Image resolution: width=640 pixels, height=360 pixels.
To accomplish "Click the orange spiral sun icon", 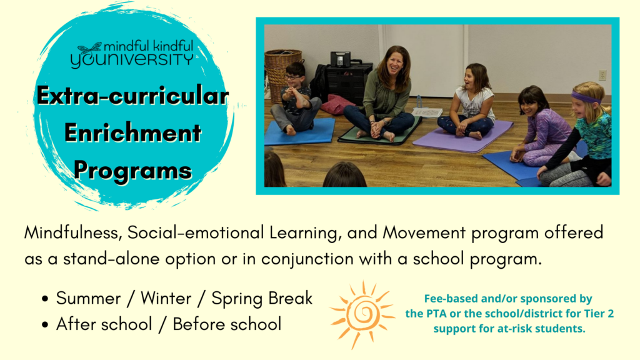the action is point(362,314).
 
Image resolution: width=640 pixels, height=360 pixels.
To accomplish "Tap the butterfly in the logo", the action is point(89,49).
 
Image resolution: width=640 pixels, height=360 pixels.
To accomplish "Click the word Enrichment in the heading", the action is point(132,133).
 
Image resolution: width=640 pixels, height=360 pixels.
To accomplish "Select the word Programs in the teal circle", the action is point(132,171).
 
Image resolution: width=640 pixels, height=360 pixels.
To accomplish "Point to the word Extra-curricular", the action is point(132,96).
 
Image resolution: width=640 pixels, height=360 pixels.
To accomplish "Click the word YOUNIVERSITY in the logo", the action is point(132,60).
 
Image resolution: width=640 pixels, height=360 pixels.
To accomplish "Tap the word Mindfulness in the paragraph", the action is point(74,232).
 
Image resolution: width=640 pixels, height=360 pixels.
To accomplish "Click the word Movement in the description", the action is point(424,232).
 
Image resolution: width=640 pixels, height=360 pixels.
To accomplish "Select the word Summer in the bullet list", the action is point(88,298).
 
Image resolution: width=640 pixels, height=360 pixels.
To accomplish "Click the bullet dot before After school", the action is point(45,325).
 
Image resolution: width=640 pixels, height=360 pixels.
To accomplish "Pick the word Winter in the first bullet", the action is point(166,298).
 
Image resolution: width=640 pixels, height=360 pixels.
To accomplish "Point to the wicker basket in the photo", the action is point(282,74).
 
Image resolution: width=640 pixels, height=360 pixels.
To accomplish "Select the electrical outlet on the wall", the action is point(602,75).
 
